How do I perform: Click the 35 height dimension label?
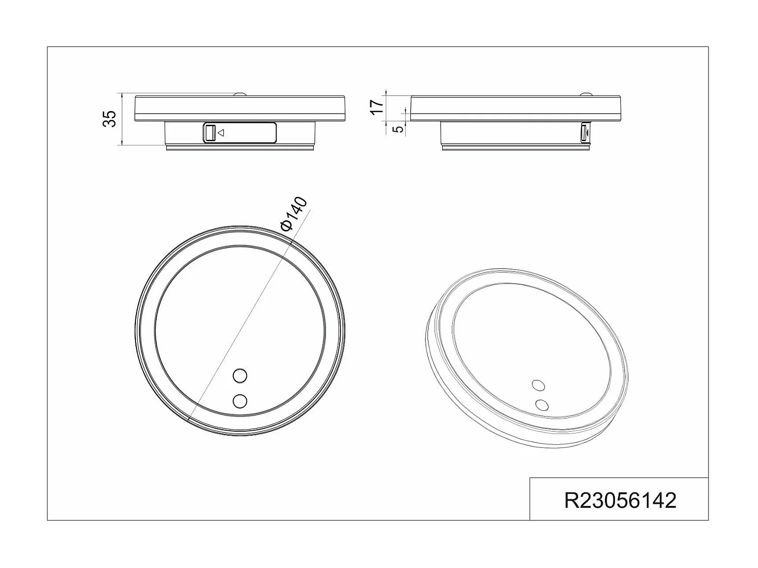coord(110,119)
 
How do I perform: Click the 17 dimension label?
coord(376,107)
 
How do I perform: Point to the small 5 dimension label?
coord(399,129)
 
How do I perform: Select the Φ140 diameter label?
coord(294,214)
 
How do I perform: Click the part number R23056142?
coord(620,500)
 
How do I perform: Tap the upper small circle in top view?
coord(240,376)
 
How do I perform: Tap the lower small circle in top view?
coord(240,401)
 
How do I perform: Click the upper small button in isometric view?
coord(539,385)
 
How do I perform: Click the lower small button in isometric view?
coord(542,404)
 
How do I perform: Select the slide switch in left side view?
coord(210,133)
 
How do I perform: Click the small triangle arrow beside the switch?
coord(221,133)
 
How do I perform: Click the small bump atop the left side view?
coord(240,94)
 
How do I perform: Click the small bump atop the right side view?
coord(587,94)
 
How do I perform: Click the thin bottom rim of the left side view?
coord(241,148)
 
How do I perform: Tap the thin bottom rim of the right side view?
coord(516,148)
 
